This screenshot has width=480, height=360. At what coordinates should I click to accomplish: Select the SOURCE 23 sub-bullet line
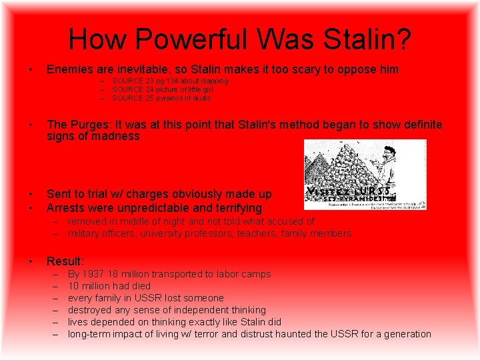pyautogui.click(x=169, y=81)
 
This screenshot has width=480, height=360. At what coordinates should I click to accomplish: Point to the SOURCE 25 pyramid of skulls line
pyautogui.click(x=161, y=98)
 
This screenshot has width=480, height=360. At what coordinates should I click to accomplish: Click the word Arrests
pyautogui.click(x=69, y=208)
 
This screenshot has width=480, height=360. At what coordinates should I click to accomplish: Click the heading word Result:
pyautogui.click(x=65, y=261)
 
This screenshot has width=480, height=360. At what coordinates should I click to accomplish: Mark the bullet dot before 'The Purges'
pyautogui.click(x=31, y=125)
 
